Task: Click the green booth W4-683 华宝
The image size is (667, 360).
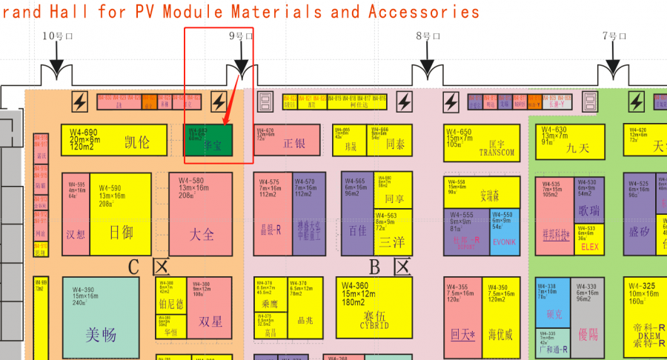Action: click(x=208, y=140)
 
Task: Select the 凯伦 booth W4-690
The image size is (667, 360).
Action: click(x=113, y=140)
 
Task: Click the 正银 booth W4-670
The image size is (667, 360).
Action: click(x=287, y=140)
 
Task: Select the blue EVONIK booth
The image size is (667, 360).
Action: click(x=504, y=232)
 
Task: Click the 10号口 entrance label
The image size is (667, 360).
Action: click(x=55, y=36)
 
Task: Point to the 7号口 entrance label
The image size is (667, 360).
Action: click(x=614, y=36)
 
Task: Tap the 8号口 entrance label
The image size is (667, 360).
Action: click(x=428, y=36)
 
